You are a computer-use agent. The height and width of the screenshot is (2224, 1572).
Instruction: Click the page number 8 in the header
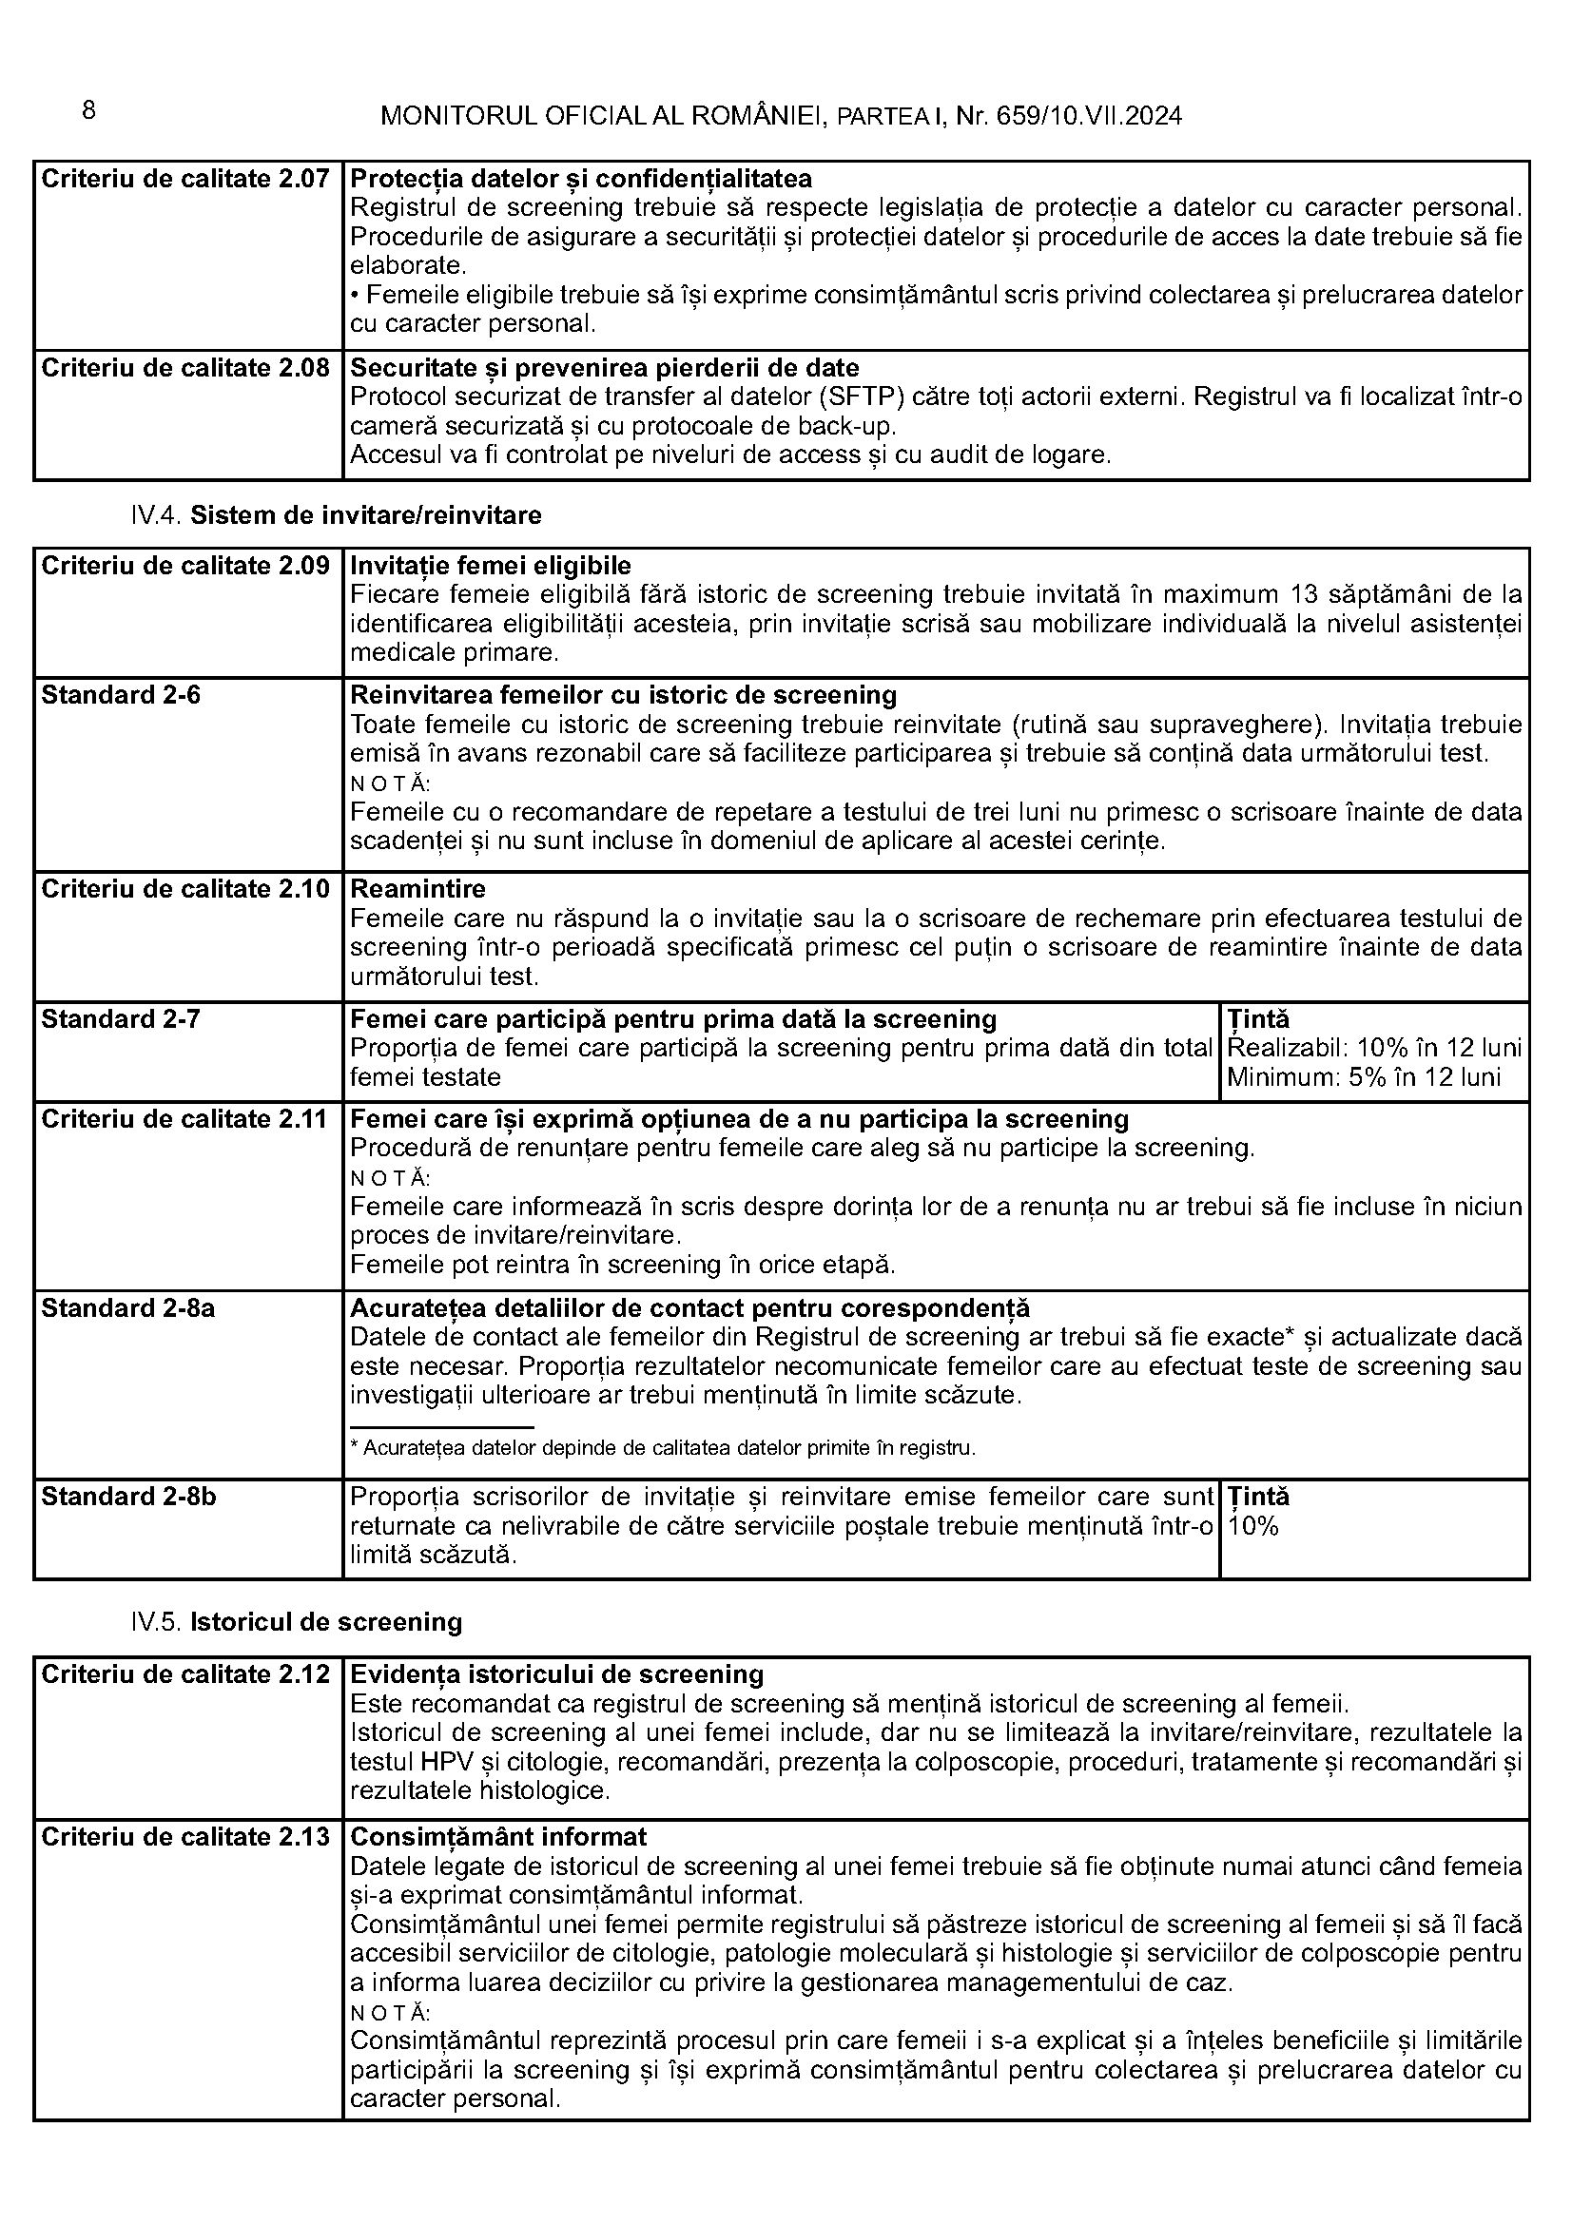pos(88,111)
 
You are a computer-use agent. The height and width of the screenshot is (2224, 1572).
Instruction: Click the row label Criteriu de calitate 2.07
pos(185,179)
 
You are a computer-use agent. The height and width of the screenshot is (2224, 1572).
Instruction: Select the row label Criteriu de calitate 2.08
pos(185,368)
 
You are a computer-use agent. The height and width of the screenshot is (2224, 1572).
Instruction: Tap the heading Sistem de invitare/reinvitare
pos(365,515)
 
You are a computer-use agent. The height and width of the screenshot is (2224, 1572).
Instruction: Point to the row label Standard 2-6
pos(120,695)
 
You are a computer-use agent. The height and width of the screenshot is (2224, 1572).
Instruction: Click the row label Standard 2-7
pos(120,1019)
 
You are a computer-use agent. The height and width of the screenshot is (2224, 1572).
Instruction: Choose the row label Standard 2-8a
pos(127,1308)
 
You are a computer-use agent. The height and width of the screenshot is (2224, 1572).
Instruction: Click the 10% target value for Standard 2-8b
pos(1253,1527)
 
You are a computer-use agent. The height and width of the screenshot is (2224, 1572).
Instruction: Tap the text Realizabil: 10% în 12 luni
pos(1373,1048)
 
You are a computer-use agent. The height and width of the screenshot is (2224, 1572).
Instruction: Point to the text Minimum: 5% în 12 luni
pos(1363,1077)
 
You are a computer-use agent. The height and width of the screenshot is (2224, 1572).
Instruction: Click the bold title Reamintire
pos(417,889)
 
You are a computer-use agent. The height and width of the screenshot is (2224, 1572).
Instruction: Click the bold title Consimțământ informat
pos(498,1838)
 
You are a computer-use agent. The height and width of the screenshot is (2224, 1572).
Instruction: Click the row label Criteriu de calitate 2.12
pos(185,1674)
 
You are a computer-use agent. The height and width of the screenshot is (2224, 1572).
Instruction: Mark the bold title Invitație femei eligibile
pos(490,566)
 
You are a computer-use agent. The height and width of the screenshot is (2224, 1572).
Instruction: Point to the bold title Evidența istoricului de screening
pos(556,1674)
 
